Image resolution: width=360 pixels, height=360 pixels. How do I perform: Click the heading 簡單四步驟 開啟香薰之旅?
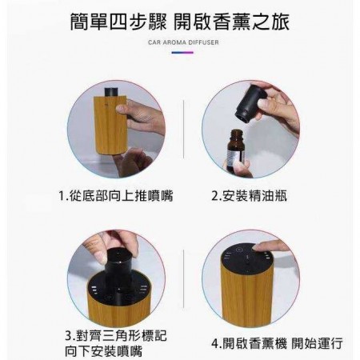click(180, 22)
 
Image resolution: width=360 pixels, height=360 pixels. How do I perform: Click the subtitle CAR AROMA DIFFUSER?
click(183, 42)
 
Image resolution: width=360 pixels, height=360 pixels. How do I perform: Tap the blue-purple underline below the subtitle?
click(182, 53)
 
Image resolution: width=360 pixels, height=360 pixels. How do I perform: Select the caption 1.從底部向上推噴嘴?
click(116, 196)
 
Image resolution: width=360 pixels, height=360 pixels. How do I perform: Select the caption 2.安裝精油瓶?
click(250, 196)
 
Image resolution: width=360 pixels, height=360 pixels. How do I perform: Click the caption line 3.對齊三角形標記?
click(116, 335)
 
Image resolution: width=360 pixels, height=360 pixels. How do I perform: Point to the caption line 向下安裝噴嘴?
click(104, 351)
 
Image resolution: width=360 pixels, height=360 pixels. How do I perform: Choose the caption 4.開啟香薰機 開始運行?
click(277, 343)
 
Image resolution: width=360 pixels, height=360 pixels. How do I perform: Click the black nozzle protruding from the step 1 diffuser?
click(111, 92)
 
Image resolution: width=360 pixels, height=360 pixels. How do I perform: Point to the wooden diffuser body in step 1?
click(110, 126)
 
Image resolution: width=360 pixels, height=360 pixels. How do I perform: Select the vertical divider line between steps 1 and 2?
click(183, 130)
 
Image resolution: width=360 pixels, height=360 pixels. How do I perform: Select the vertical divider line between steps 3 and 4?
click(183, 279)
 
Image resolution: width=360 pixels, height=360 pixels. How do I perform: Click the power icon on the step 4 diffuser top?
click(239, 250)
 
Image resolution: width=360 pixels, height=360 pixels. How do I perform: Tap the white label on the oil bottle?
click(235, 155)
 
